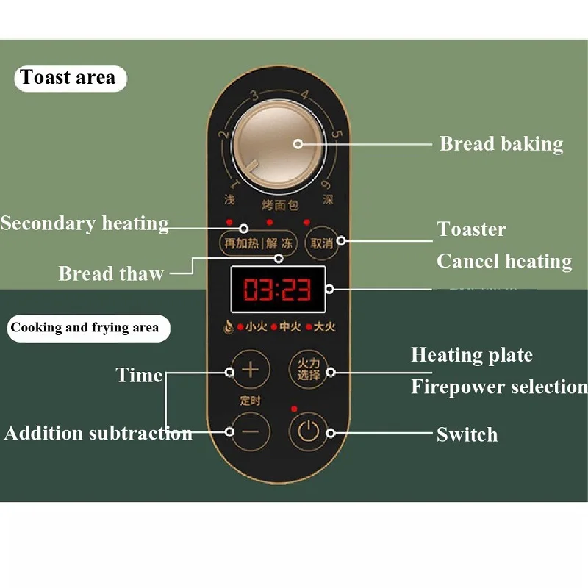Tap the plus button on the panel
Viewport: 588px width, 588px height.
pyautogui.click(x=251, y=369)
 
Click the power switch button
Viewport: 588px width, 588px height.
pyautogui.click(x=308, y=431)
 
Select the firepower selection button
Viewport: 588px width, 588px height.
pyautogui.click(x=308, y=369)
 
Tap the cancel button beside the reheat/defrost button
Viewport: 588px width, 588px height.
pyautogui.click(x=322, y=243)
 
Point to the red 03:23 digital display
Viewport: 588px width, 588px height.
pyautogui.click(x=278, y=290)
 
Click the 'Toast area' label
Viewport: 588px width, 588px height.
pyautogui.click(x=68, y=78)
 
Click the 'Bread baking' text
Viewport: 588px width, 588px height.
pyautogui.click(x=501, y=144)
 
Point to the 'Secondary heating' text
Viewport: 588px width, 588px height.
pyautogui.click(x=84, y=223)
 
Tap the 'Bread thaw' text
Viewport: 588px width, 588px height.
pyautogui.click(x=110, y=274)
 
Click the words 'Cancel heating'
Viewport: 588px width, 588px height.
pyautogui.click(x=504, y=261)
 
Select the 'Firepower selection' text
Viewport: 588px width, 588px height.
pyautogui.click(x=499, y=387)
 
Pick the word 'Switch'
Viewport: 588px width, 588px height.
pyautogui.click(x=467, y=434)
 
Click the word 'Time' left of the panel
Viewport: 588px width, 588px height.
pyautogui.click(x=139, y=376)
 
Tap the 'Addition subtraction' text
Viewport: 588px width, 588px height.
pyautogui.click(x=98, y=433)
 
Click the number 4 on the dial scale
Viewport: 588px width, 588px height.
pyautogui.click(x=304, y=96)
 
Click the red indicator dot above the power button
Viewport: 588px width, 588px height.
pyautogui.click(x=294, y=409)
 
